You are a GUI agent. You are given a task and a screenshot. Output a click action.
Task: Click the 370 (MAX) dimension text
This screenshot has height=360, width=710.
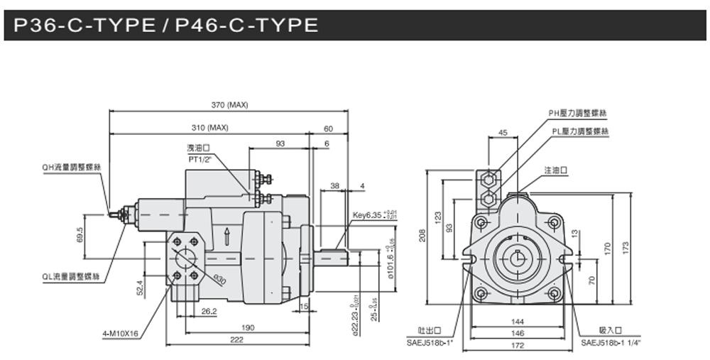(x=229, y=105)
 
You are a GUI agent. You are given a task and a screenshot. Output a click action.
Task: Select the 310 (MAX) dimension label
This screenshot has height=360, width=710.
(x=209, y=128)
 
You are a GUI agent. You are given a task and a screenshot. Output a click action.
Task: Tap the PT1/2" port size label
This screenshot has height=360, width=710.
(x=202, y=160)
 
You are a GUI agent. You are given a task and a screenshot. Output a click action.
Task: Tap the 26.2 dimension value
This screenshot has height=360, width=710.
(x=209, y=311)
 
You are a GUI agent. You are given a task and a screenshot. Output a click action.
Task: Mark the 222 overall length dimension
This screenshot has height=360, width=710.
(x=236, y=340)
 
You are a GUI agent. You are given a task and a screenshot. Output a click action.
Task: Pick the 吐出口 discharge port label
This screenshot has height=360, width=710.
(x=430, y=330)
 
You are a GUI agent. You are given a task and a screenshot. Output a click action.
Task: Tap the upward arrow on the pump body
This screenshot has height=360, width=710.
(x=226, y=234)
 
